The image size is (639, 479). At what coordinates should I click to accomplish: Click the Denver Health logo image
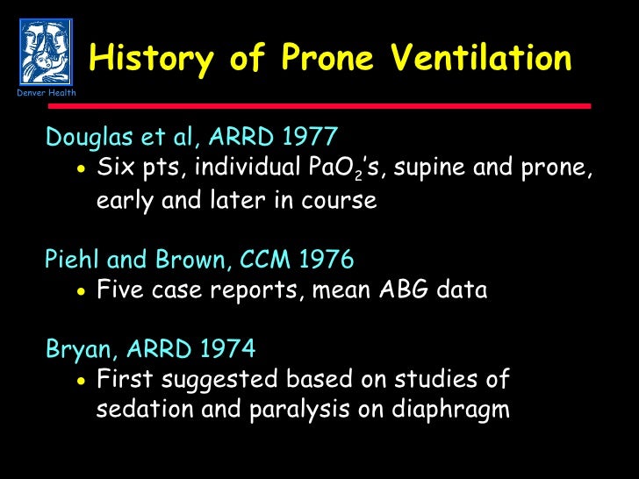tap(46, 51)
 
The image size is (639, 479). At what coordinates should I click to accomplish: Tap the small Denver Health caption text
tap(46, 93)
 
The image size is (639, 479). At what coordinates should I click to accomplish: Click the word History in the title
tap(151, 59)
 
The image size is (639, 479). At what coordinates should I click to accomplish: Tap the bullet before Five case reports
tap(81, 290)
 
